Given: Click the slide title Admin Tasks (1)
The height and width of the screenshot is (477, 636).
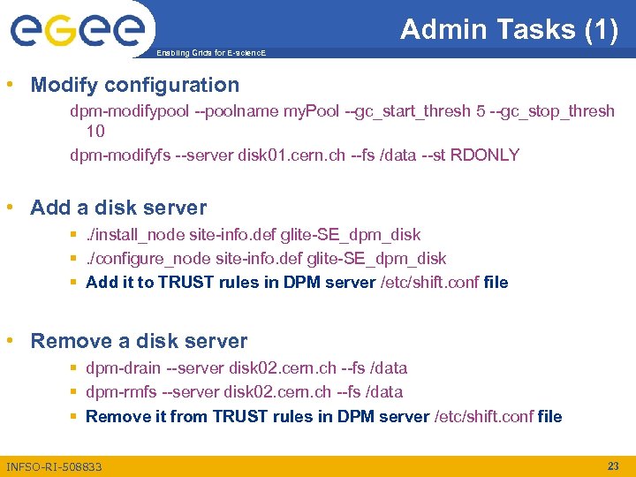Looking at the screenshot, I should tap(510, 29).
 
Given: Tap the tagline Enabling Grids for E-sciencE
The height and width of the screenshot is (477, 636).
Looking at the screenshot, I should tap(209, 54).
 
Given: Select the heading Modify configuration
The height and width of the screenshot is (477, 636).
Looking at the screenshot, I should tap(134, 85).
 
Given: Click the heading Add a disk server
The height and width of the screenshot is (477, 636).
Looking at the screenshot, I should tap(118, 208).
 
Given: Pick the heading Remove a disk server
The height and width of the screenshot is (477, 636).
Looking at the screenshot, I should tap(139, 341).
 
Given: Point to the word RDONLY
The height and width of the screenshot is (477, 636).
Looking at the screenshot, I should tap(484, 155).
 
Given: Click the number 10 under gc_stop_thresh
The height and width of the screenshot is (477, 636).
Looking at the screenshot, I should tap(95, 132).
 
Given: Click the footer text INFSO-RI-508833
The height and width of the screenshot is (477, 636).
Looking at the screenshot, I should tap(54, 466).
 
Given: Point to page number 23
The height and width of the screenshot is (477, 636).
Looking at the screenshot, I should tap(613, 466).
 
